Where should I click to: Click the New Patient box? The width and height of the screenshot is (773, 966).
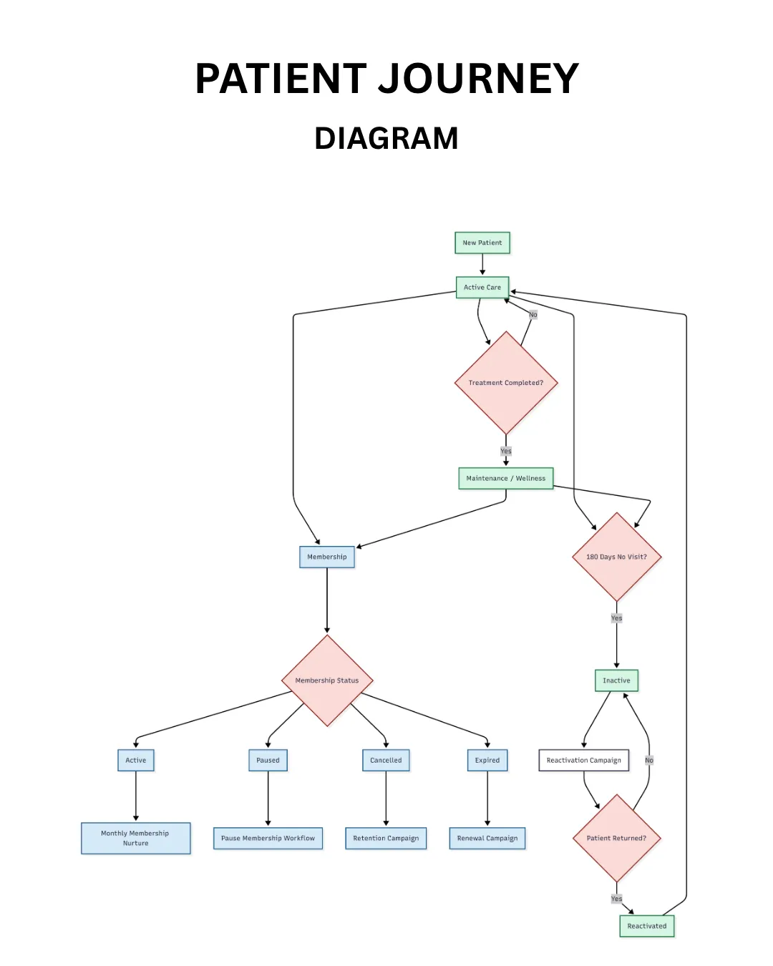pos(482,243)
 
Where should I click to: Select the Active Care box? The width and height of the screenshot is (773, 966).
pos(482,287)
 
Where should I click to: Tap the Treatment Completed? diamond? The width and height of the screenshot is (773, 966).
pos(506,382)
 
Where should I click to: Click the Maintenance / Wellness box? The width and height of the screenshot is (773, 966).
pos(506,478)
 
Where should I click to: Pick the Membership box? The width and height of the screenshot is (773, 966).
pos(326,557)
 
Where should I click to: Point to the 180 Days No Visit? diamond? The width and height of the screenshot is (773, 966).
pos(616,557)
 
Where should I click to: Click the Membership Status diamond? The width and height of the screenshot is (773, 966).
pos(327,680)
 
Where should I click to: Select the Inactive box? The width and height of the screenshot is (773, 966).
pos(616,680)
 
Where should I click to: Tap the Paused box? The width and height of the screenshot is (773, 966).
pos(268,760)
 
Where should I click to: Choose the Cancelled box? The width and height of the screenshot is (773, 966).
pos(386,760)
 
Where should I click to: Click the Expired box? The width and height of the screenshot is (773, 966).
pos(487,760)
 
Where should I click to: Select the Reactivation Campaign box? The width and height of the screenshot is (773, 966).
pos(583,760)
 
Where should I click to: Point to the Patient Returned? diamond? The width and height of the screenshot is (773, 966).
pos(616,838)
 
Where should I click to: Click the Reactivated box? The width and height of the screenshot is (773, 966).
pos(647,926)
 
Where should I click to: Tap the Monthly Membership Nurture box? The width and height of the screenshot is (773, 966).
pos(136,838)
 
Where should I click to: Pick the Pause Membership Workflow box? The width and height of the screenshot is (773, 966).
pos(268,838)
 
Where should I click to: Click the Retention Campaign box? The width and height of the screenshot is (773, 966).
pos(386,838)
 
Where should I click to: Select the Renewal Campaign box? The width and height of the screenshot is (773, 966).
pos(487,838)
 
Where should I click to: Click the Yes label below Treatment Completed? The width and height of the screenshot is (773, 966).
pos(506,451)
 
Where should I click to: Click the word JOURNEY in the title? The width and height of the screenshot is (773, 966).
pos(478,79)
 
